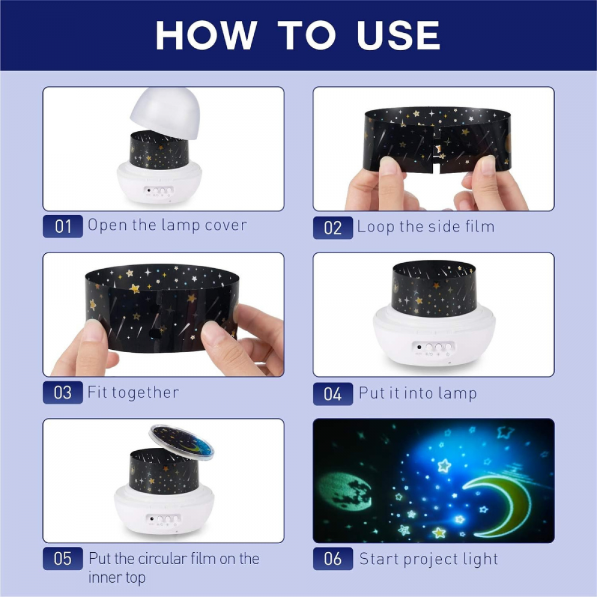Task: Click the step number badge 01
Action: tap(63, 226)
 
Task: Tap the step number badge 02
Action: tap(333, 228)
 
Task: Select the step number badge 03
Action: tap(63, 393)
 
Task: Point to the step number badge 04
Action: tap(333, 394)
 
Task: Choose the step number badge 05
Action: tap(63, 559)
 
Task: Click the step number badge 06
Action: tap(333, 559)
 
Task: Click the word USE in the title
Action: tap(398, 36)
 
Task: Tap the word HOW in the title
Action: tap(206, 36)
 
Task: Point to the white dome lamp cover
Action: tap(165, 110)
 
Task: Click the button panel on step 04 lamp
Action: tap(434, 348)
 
